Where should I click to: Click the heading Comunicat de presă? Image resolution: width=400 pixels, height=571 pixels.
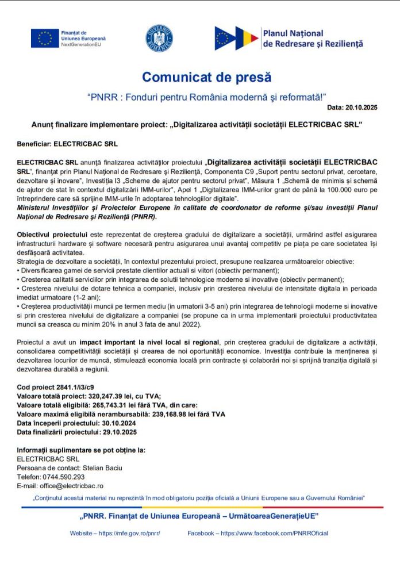pos(206,77)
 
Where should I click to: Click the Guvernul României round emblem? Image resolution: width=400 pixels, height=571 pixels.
pos(159,37)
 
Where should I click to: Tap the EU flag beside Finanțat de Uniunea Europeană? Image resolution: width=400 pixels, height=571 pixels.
pos(45,37)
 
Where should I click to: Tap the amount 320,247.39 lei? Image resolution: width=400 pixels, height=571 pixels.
pos(114,396)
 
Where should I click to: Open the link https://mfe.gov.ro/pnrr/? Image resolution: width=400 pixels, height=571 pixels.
pos(129,533)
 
